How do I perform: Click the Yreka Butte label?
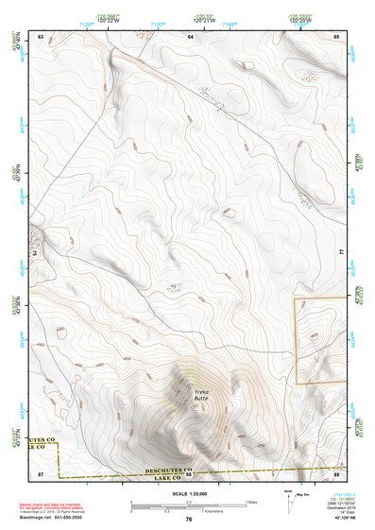point(199,394)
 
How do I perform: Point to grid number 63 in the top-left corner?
point(41,35)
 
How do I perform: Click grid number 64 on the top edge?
point(191,35)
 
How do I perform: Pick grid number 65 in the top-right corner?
point(337,35)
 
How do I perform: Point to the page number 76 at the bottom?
point(189,519)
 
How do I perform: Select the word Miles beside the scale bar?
point(249,501)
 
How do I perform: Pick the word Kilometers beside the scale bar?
point(253,511)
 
